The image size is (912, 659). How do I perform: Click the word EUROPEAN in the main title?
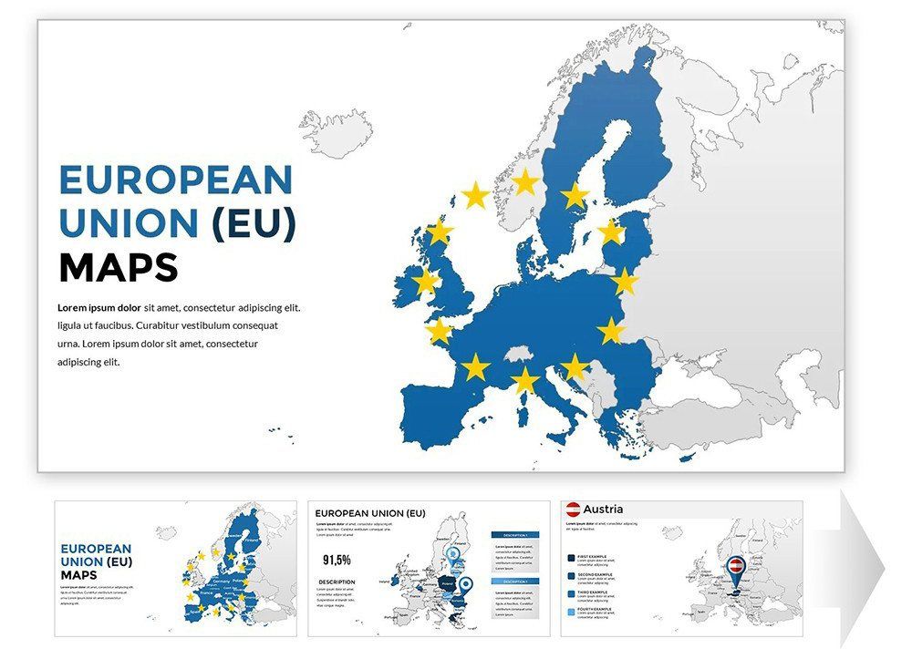pyautogui.click(x=176, y=180)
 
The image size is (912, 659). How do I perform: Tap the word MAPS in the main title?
pyautogui.click(x=118, y=268)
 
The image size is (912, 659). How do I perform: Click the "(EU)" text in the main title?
pyautogui.click(x=254, y=224)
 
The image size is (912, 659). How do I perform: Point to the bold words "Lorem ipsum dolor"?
pyautogui.click(x=99, y=308)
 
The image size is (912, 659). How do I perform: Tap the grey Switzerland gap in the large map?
pyautogui.click(x=519, y=353)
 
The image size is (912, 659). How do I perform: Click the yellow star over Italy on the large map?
pyautogui.click(x=525, y=380)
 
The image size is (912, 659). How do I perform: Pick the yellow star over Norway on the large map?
pyautogui.click(x=525, y=182)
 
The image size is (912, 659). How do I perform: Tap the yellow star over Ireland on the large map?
pyautogui.click(x=425, y=281)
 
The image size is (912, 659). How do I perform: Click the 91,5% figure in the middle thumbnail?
pyautogui.click(x=337, y=559)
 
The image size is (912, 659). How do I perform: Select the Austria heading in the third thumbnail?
pyautogui.click(x=603, y=509)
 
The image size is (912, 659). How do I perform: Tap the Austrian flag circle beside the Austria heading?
pyautogui.click(x=573, y=510)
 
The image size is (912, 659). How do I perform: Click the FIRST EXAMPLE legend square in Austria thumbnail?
pyautogui.click(x=571, y=557)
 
